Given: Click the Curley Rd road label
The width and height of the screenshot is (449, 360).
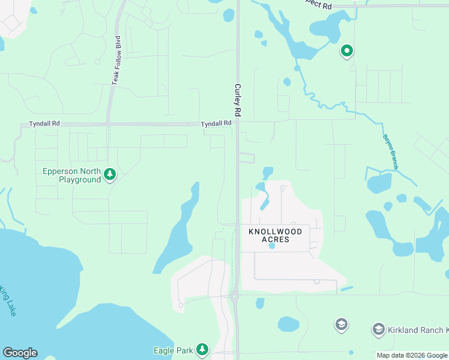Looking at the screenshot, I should point(238,100).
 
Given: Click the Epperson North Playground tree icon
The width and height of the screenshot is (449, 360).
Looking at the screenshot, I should point(109,175).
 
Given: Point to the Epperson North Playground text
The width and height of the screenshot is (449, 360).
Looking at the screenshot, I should point(71,175).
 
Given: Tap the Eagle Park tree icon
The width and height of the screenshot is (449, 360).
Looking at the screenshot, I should point(203,349).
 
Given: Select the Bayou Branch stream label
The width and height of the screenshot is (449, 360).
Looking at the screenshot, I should point(390,151).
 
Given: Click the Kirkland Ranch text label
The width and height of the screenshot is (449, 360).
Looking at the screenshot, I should point(417,330).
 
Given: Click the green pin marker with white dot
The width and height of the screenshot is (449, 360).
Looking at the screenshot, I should point(346,52).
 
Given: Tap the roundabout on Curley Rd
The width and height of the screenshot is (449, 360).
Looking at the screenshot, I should point(234,295).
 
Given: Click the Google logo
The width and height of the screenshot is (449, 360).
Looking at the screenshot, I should point(20,353).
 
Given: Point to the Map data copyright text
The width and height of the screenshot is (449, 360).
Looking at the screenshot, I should point(412,355).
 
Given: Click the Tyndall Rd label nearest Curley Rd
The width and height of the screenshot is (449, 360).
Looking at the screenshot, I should point(216,123).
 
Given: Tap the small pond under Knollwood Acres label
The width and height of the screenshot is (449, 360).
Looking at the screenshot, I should point(272,245).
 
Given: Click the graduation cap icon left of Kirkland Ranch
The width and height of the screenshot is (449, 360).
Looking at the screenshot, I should point(378,329).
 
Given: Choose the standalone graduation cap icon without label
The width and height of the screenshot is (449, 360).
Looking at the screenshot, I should point(341,325).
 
